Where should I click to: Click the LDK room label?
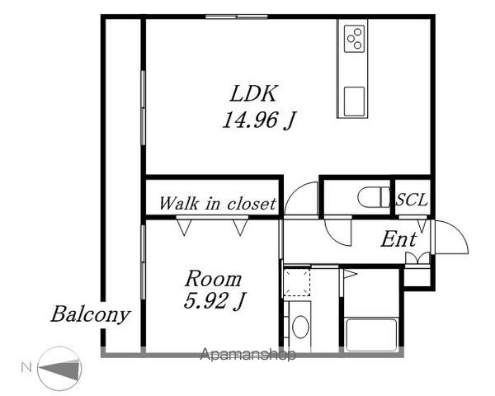click(253, 93)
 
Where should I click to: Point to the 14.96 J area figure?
click(258, 120)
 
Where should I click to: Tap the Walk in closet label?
click(218, 204)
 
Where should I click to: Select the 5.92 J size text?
click(214, 301)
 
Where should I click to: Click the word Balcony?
click(91, 314)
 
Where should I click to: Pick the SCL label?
click(412, 200)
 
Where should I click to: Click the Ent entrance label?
click(398, 239)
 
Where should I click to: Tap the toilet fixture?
click(375, 197)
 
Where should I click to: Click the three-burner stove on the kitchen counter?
click(354, 39)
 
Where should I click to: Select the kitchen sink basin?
click(354, 101)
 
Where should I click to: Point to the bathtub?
click(371, 335)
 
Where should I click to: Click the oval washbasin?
click(300, 327)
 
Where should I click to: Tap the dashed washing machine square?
click(297, 281)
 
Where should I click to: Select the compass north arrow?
click(60, 369)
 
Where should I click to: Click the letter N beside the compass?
click(26, 368)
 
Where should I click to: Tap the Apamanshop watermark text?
click(247, 354)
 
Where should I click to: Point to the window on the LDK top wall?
click(237, 16)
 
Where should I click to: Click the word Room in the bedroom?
click(214, 279)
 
